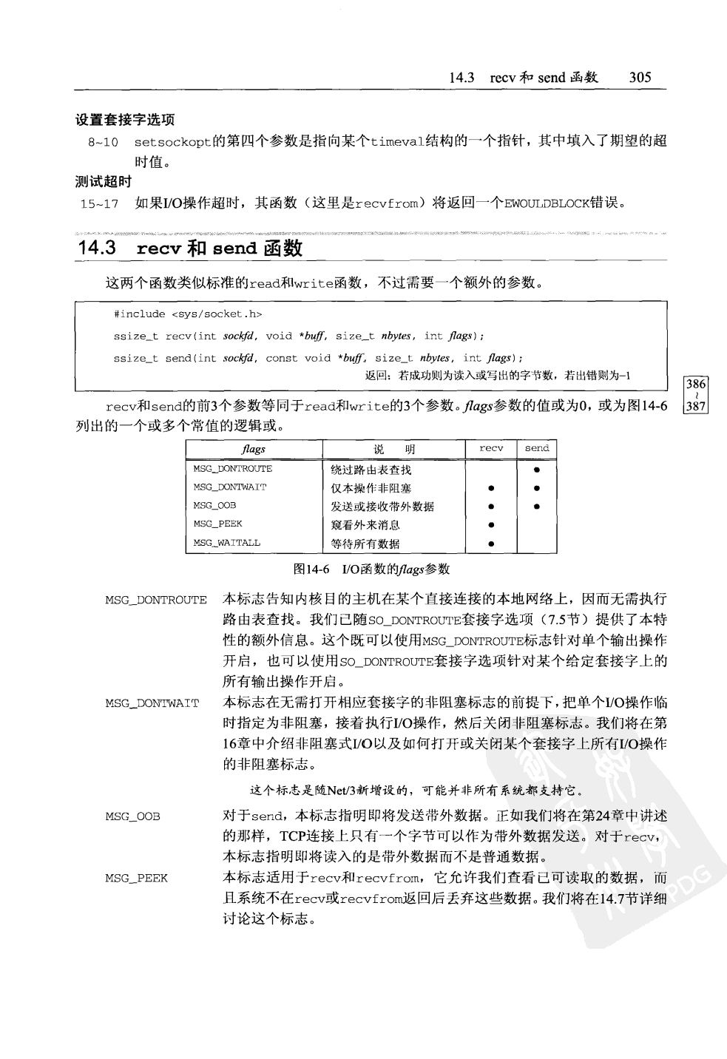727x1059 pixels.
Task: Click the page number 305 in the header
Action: point(640,77)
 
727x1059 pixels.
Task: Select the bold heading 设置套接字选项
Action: point(125,119)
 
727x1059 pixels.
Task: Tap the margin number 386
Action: point(696,385)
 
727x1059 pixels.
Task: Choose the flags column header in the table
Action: point(254,449)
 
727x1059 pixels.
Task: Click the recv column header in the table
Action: point(491,448)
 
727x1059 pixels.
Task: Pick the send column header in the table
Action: point(537,448)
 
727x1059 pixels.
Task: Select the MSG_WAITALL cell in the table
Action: point(227,543)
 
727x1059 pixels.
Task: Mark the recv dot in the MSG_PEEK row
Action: point(491,525)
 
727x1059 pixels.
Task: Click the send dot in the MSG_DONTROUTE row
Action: point(537,470)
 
